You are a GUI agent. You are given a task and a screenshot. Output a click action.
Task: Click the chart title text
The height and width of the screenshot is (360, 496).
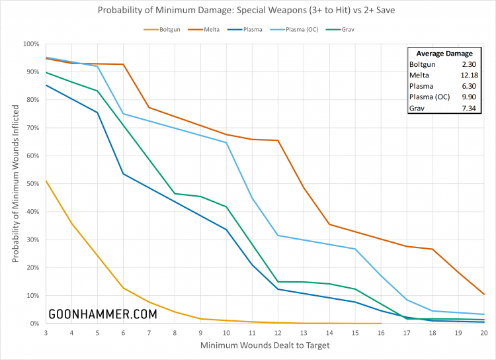coord(248,11)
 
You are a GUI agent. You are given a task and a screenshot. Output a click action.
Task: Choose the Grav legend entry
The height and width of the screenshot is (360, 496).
coord(346,30)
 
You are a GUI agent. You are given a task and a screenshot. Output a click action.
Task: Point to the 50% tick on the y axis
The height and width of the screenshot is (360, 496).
coord(32,184)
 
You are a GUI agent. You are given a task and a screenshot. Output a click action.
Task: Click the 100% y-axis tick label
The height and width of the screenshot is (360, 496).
coord(30,44)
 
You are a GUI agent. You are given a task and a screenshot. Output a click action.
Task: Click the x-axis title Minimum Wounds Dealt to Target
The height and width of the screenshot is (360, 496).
coord(265,345)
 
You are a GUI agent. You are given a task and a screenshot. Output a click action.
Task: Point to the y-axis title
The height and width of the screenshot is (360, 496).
coord(15,184)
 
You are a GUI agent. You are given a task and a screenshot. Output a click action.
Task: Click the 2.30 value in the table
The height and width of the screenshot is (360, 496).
coord(470,65)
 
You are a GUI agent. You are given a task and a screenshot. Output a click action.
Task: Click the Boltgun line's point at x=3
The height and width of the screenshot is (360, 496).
coord(46,181)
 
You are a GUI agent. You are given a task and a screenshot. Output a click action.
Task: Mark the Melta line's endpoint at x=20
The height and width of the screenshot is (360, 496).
coord(484,294)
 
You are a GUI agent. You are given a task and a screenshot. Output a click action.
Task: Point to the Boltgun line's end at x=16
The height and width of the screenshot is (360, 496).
coord(381,324)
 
